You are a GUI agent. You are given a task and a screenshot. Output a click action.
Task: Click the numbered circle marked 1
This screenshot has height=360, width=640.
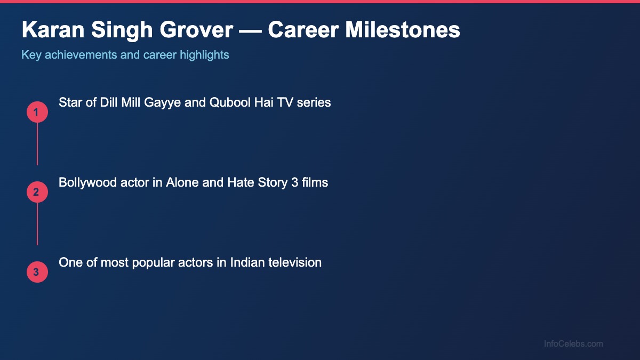pos(37,112)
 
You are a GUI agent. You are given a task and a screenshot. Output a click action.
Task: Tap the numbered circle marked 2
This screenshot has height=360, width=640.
pos(37,192)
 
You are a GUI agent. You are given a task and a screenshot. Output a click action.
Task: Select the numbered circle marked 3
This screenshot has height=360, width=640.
pos(37,272)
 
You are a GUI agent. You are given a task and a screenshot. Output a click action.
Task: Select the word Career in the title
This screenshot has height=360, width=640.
pos(303,30)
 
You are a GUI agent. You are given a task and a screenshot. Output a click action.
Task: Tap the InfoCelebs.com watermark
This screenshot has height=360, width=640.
pos(573,344)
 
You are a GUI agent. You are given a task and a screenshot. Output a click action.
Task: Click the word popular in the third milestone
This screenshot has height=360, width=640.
pos(151,262)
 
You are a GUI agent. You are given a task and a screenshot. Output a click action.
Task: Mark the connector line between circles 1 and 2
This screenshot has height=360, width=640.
pos(37,144)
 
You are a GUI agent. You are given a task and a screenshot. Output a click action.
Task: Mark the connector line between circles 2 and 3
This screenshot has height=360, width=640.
pos(37,224)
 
